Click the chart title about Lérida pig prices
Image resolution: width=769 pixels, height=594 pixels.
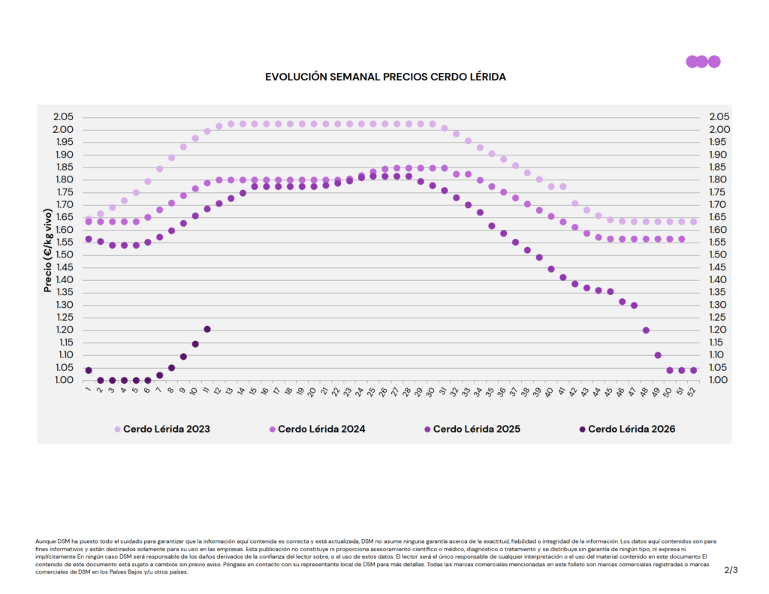tap(385, 77)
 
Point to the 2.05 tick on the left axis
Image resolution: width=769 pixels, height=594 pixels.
tap(63, 117)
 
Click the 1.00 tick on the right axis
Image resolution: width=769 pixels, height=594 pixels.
tap(719, 380)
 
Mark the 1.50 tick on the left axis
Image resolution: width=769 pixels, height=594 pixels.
tap(63, 255)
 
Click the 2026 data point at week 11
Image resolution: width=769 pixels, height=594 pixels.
tap(207, 329)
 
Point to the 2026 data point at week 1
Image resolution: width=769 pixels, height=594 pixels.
tap(89, 370)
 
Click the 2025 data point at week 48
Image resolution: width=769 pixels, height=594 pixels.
tap(646, 330)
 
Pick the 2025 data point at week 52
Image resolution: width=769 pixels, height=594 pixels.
tap(693, 370)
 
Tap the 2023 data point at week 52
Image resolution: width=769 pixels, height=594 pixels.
tap(693, 222)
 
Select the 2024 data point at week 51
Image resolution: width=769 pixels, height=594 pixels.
tap(681, 239)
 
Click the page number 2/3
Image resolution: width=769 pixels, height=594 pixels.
tap(731, 570)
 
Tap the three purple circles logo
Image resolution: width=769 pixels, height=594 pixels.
tap(703, 62)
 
